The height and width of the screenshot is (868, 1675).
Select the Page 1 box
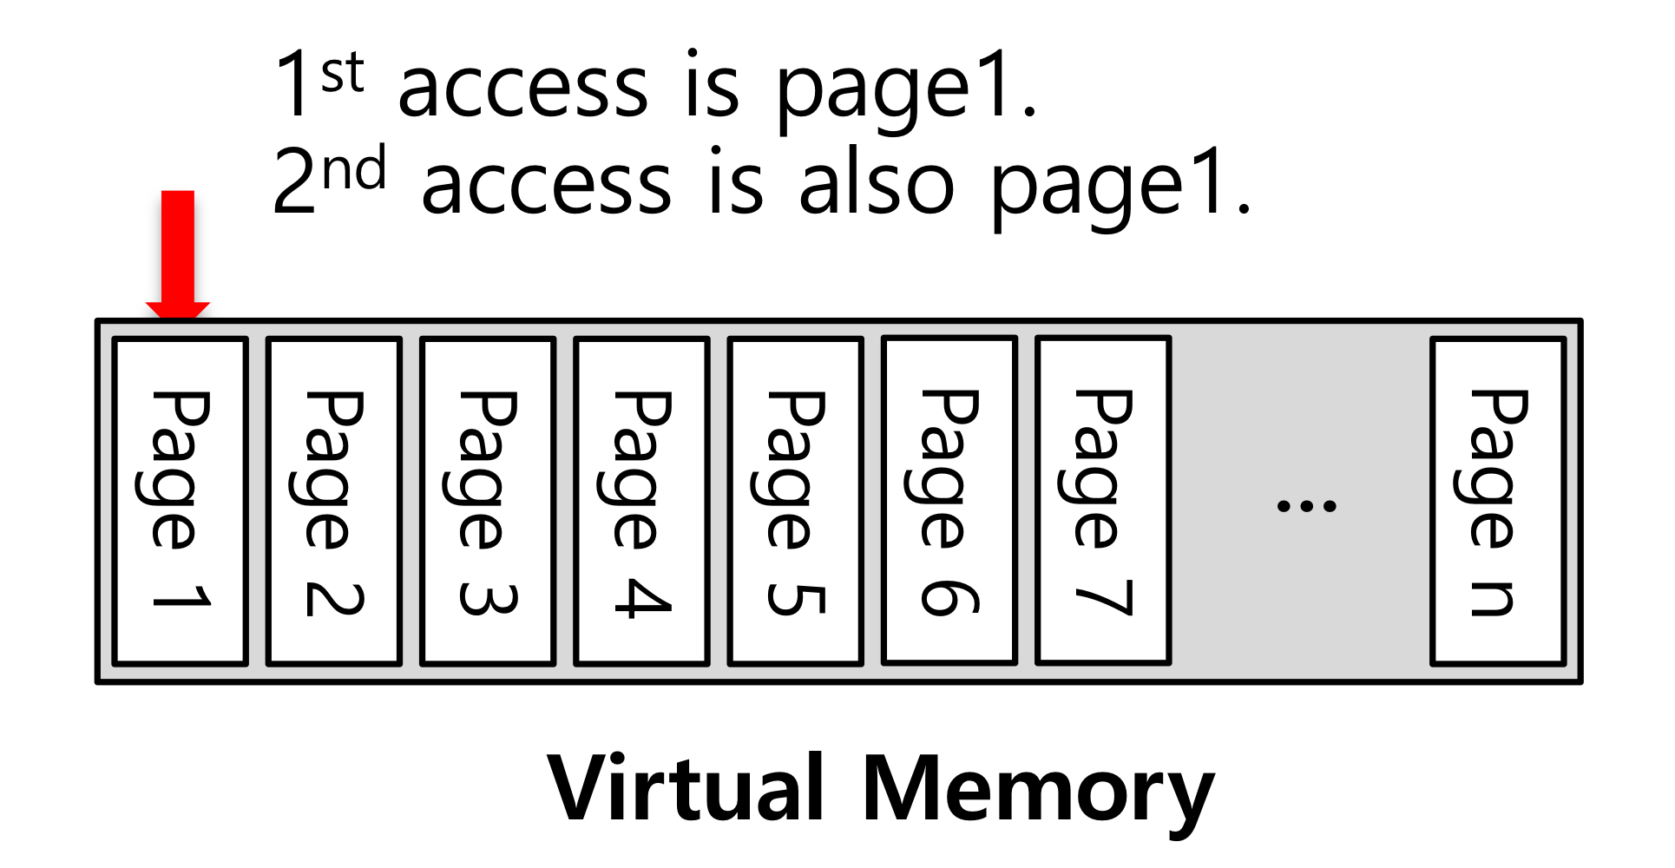click(x=181, y=501)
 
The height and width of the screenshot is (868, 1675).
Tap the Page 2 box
click(x=334, y=501)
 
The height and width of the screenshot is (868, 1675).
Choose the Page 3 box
click(x=488, y=501)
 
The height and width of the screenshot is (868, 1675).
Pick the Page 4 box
click(x=642, y=501)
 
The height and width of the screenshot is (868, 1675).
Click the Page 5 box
click(x=796, y=501)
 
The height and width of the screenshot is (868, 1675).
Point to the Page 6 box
click(x=949, y=500)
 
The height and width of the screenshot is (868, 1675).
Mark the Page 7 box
click(x=1103, y=500)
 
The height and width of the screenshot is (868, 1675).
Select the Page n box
click(x=1498, y=501)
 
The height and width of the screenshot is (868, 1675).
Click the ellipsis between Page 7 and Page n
click(x=1306, y=505)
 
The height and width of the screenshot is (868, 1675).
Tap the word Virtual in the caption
click(x=686, y=788)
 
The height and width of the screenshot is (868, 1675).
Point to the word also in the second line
click(x=877, y=183)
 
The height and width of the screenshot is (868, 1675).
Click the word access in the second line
click(x=546, y=185)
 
